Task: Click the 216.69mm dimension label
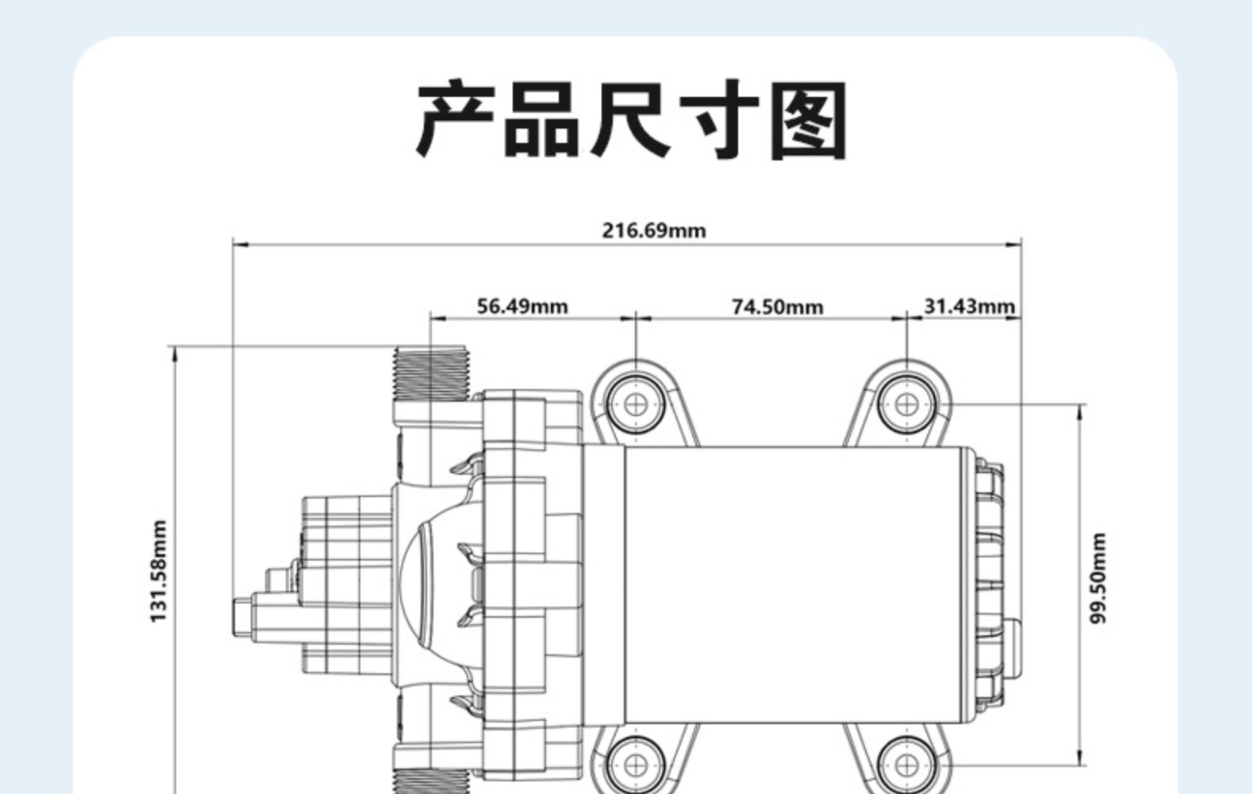point(653,231)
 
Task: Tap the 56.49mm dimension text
point(522,306)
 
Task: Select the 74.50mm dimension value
point(777,306)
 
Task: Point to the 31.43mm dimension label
point(969,306)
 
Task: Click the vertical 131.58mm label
point(160,571)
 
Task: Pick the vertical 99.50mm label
point(1098,578)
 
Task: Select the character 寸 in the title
point(719,120)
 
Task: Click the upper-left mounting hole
point(636,404)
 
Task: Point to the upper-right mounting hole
point(906,404)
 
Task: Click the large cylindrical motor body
point(798,585)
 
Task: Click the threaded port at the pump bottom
point(429,781)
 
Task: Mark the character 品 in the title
point(542,120)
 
